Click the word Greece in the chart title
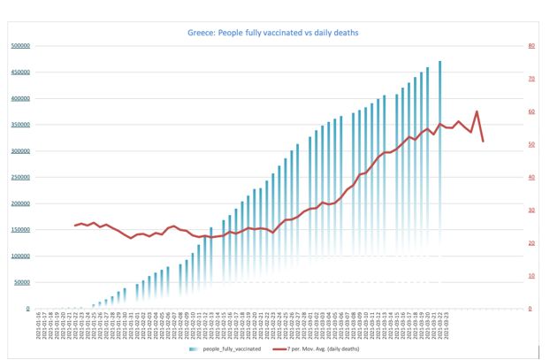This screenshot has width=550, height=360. coord(198,33)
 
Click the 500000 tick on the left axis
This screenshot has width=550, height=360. coord(20,46)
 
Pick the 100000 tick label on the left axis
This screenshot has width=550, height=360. coord(20,257)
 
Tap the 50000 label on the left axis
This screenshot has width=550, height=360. coord(22,283)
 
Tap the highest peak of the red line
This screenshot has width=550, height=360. coord(477,111)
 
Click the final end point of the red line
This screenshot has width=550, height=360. coord(483,141)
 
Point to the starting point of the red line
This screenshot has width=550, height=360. coord(76,226)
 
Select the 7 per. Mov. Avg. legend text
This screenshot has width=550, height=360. coord(324,349)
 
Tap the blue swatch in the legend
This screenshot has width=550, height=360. coord(195,349)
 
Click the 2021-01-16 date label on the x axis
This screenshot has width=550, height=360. coord(39,326)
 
